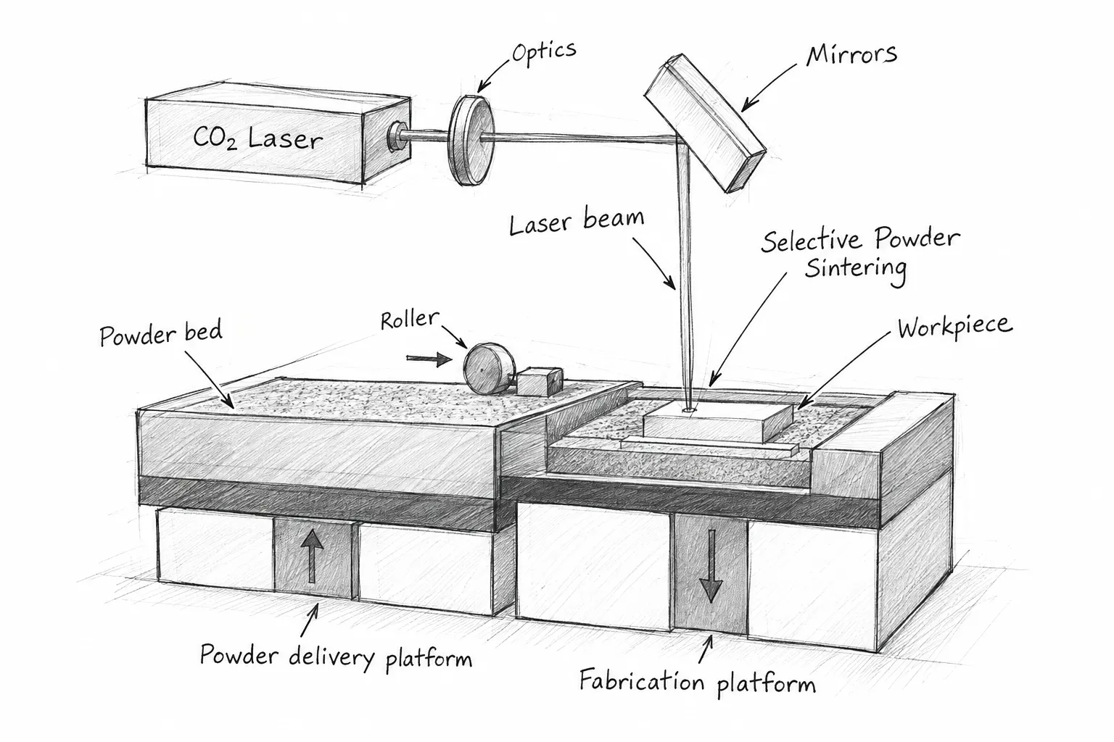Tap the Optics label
pyautogui.click(x=544, y=52)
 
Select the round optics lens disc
pyautogui.click(x=472, y=140)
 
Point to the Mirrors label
pyautogui.click(x=851, y=55)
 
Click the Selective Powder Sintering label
pyautogui.click(x=860, y=254)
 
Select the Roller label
pyautogui.click(x=410, y=320)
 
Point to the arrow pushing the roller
pyautogui.click(x=429, y=359)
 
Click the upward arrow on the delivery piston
pyautogui.click(x=312, y=556)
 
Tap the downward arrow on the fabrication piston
pyautogui.click(x=711, y=566)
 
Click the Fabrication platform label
pyautogui.click(x=698, y=682)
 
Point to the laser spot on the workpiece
pyautogui.click(x=689, y=411)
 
